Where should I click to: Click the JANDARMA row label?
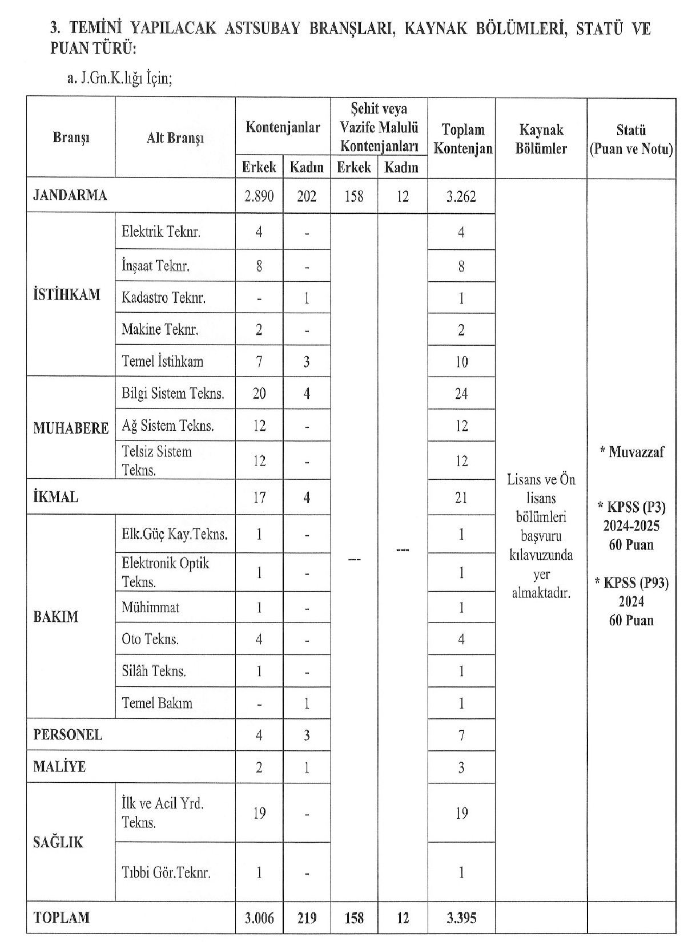click(70, 195)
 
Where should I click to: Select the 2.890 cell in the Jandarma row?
click(259, 196)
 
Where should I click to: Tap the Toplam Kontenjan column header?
click(461, 139)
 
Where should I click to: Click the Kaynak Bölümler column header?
click(541, 139)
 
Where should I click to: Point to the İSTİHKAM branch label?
click(67, 294)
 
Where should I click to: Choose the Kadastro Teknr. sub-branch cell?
click(163, 297)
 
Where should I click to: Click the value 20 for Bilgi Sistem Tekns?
click(259, 393)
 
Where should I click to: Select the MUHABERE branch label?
click(71, 428)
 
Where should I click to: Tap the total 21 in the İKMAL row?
click(461, 498)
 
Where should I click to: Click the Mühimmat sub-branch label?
click(150, 607)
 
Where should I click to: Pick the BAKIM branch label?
click(55, 617)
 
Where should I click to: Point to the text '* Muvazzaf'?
click(631, 452)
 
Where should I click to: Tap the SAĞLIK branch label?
click(58, 842)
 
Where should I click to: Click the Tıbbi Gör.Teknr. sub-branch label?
click(166, 872)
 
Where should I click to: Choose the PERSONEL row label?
click(67, 734)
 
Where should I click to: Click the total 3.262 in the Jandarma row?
click(461, 196)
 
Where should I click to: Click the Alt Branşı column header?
click(175, 138)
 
